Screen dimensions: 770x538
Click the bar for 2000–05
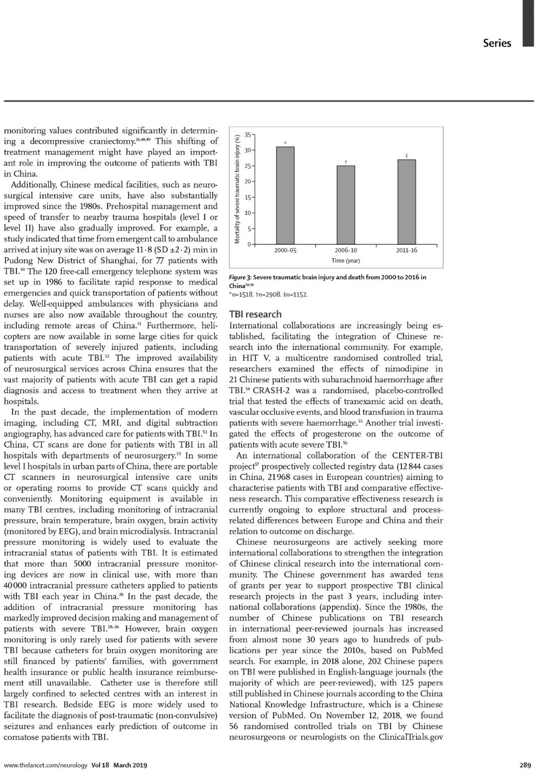pos(285,195)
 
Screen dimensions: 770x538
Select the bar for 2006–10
pos(346,205)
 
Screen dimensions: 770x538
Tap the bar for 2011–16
pos(406,202)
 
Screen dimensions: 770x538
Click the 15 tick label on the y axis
pos(248,197)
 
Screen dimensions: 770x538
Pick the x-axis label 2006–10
pos(346,250)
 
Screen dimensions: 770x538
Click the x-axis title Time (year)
pos(346,261)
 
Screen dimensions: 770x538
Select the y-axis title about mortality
pos(238,188)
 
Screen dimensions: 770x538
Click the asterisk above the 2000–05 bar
pos(285,144)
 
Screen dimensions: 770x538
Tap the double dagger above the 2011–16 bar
pos(406,156)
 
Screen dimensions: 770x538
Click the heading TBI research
pos(255,314)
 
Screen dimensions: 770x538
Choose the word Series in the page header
pos(497,43)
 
